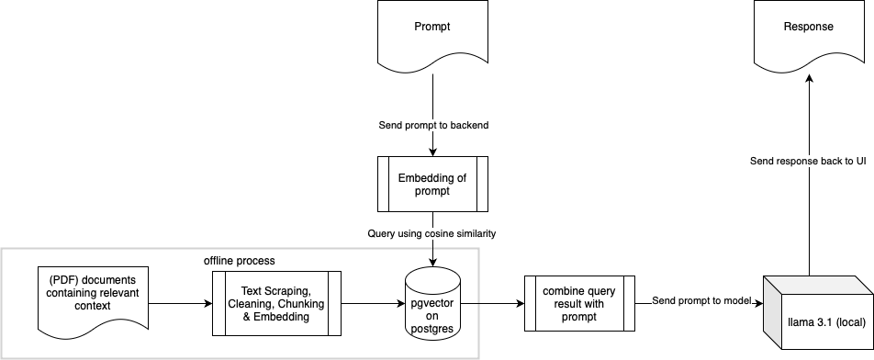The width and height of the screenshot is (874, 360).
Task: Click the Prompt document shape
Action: point(432,35)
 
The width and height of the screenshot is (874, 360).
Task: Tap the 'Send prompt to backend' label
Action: point(432,125)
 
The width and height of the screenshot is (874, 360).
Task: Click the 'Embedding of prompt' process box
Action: point(432,184)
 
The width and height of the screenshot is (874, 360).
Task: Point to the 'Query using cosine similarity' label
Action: point(432,234)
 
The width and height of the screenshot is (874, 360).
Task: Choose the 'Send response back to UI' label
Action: point(808,161)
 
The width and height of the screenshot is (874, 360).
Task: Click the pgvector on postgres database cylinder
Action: point(432,303)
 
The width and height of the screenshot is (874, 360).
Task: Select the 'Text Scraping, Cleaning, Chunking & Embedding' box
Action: point(276,303)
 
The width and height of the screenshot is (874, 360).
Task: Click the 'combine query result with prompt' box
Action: point(579,303)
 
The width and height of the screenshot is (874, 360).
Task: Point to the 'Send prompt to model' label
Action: point(701,300)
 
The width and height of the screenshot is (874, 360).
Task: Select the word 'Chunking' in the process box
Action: point(301,303)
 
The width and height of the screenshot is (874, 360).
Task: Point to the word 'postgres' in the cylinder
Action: point(432,327)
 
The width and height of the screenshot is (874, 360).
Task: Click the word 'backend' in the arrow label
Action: point(468,125)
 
